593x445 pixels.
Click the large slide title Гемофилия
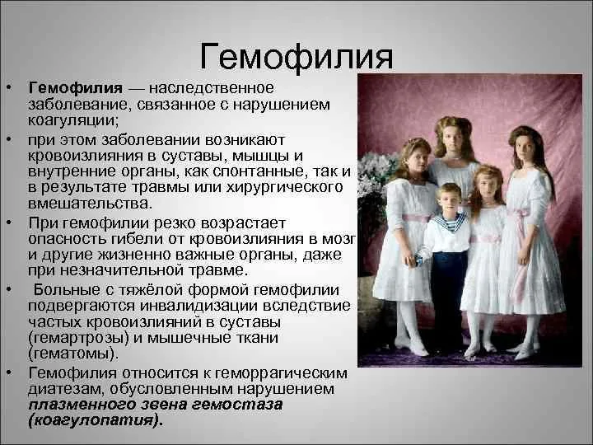(x=296, y=57)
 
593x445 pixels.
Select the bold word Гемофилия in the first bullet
(x=75, y=88)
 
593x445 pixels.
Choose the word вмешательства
(x=90, y=204)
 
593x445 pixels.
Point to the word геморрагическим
(x=281, y=373)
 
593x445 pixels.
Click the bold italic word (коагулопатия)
(x=96, y=421)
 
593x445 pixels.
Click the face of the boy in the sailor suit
(x=448, y=201)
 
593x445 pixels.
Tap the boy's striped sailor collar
(x=450, y=222)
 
